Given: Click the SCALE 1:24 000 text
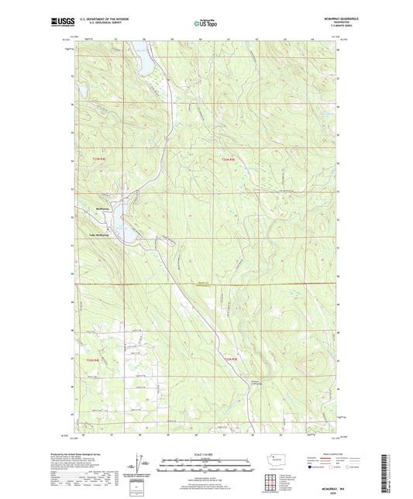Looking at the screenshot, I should point(205,454).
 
